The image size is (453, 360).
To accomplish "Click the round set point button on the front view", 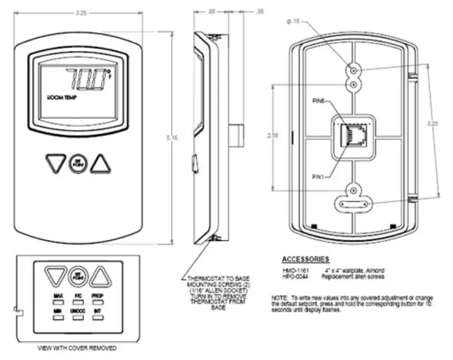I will [78, 163].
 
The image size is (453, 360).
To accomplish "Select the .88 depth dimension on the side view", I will [212, 10].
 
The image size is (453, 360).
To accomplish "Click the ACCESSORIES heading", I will [306, 258].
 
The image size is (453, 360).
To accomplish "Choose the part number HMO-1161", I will [294, 270].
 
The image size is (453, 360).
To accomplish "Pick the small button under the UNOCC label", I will [78, 319].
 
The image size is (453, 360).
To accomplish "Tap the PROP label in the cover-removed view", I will [98, 296].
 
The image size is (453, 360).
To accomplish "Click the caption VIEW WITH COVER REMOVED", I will [77, 348].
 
